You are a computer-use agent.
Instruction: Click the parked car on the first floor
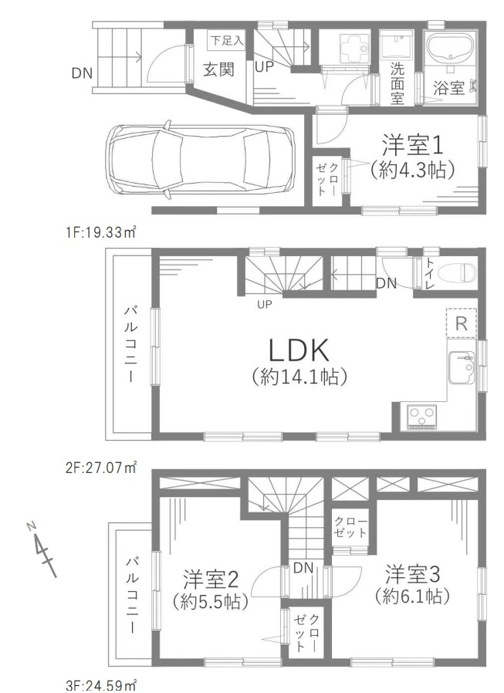pos(200,159)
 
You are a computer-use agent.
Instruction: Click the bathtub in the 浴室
pos(451,52)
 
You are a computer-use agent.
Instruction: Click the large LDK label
pos(299,351)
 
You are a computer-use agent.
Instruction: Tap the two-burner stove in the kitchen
pos(423,417)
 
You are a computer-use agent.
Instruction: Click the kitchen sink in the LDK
pos(462,360)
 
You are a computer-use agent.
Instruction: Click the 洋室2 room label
pos(208,576)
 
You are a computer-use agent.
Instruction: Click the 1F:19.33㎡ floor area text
pos(101,230)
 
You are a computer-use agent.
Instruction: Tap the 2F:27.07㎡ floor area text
pos(101,466)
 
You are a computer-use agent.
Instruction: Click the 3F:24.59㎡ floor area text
pos(101,684)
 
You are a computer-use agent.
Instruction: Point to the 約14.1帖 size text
pos(299,377)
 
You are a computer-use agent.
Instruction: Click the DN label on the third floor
pos(303,568)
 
